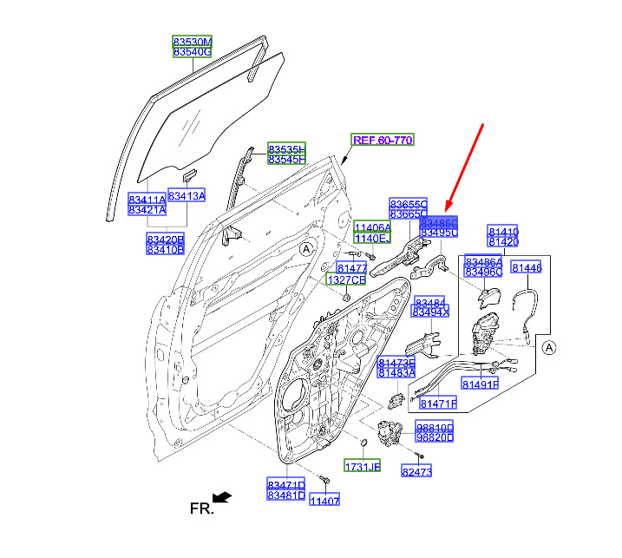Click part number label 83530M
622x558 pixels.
point(192,42)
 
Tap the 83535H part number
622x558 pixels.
point(286,148)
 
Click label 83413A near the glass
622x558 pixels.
point(187,196)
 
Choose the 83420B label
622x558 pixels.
point(165,238)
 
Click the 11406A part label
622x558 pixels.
point(372,226)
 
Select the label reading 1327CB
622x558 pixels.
point(345,280)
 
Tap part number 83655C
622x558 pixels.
point(408,202)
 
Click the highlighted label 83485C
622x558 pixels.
point(438,221)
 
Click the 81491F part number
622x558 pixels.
point(480,384)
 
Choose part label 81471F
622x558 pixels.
point(438,404)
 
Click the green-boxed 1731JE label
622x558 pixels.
point(362,467)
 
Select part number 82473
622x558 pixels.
point(416,471)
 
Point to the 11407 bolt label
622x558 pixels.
point(325,501)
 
